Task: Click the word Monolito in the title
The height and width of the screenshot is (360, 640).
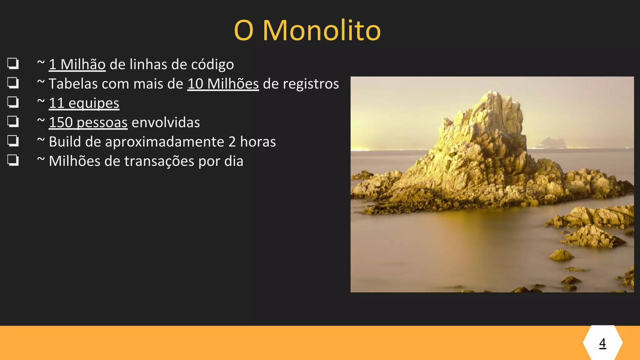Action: (322, 31)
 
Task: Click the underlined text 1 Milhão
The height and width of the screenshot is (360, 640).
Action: (77, 65)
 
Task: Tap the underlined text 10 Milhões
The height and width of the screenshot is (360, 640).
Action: (223, 84)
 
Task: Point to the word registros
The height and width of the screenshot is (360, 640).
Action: (301, 84)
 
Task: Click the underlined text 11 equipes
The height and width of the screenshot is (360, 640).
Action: (84, 103)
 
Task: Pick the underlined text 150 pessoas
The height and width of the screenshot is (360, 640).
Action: (88, 122)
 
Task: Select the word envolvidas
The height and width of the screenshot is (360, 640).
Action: (166, 122)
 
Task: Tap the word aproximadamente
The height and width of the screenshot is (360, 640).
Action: (164, 142)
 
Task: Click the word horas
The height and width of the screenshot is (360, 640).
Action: (258, 142)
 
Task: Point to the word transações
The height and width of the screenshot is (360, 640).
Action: (159, 161)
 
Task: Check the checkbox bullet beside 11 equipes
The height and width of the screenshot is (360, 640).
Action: (13, 102)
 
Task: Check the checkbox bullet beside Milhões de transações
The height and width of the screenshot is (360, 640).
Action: (13, 160)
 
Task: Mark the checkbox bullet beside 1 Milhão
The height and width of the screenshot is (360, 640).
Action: (13, 63)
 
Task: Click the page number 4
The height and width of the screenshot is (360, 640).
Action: (602, 343)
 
